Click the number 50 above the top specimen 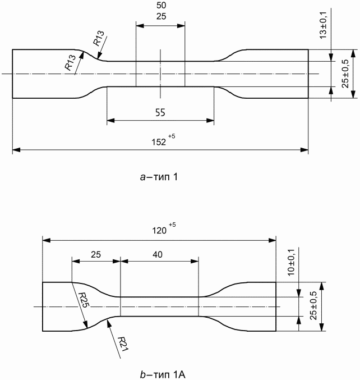(161, 5)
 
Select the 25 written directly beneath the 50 (161, 16)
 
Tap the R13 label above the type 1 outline (99, 38)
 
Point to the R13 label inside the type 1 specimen (70, 63)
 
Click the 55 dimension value (160, 112)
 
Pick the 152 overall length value (159, 142)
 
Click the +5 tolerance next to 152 (172, 136)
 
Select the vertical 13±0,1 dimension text (323, 25)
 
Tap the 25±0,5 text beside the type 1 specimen (345, 74)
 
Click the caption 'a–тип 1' (159, 177)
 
